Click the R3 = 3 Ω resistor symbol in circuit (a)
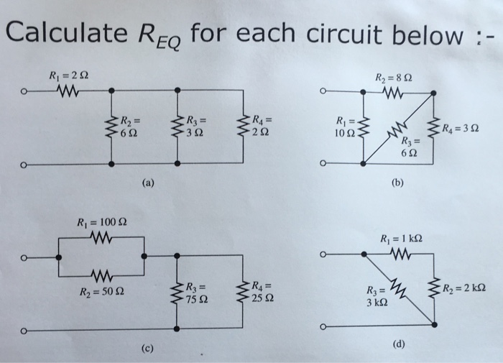click(x=178, y=127)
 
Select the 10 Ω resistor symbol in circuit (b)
click(x=365, y=127)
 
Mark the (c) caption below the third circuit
click(x=147, y=349)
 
